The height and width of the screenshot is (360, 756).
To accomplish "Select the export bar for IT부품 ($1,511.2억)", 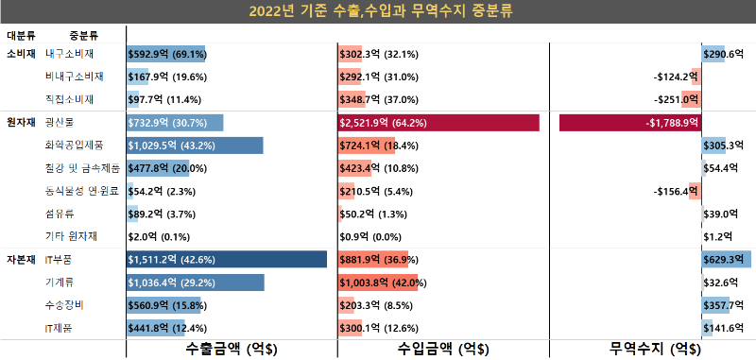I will coord(227,259).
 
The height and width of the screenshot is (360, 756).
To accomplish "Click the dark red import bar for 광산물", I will coord(438,123).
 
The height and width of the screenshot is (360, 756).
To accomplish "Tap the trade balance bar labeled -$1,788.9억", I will coord(629,123).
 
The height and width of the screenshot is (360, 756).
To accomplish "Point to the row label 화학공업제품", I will coord(76,145).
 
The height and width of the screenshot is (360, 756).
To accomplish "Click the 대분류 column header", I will coord(22,36).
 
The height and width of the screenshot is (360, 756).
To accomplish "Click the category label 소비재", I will coord(21,55).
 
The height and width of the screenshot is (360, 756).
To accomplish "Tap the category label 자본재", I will coord(21,259).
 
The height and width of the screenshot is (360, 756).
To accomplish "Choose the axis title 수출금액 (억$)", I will coord(232,349).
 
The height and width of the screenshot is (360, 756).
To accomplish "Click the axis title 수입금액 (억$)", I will coord(443,349).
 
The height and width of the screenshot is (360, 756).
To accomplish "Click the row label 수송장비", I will coord(65,304).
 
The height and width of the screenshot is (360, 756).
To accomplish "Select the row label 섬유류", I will coord(60,214).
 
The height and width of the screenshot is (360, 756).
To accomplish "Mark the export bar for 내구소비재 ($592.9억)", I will coord(166,55).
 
